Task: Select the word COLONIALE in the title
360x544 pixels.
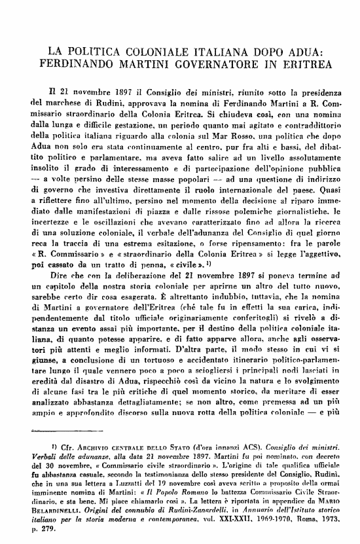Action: pyautogui.click(x=148, y=51)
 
